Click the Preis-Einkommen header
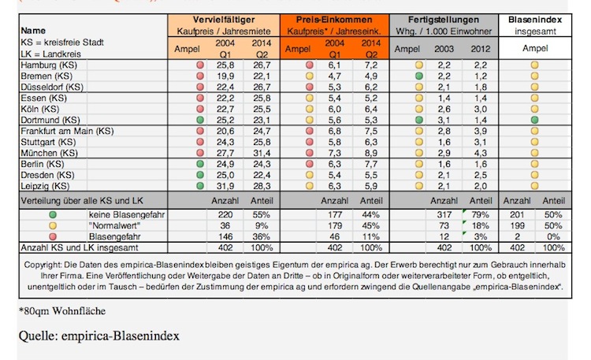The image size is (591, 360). click(334, 18)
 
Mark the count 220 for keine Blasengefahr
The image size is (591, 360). click(226, 214)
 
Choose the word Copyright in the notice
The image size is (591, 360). click(46, 265)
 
